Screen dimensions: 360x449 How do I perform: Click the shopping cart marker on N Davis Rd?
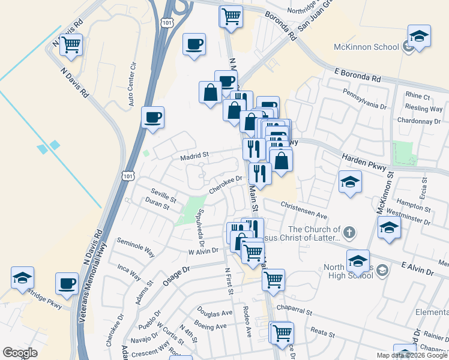[71, 44]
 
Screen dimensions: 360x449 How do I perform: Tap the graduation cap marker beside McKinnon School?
[419, 36]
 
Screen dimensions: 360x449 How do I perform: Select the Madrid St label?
[194, 155]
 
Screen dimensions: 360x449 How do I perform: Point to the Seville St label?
[163, 196]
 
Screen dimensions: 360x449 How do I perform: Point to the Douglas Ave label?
[215, 313]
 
